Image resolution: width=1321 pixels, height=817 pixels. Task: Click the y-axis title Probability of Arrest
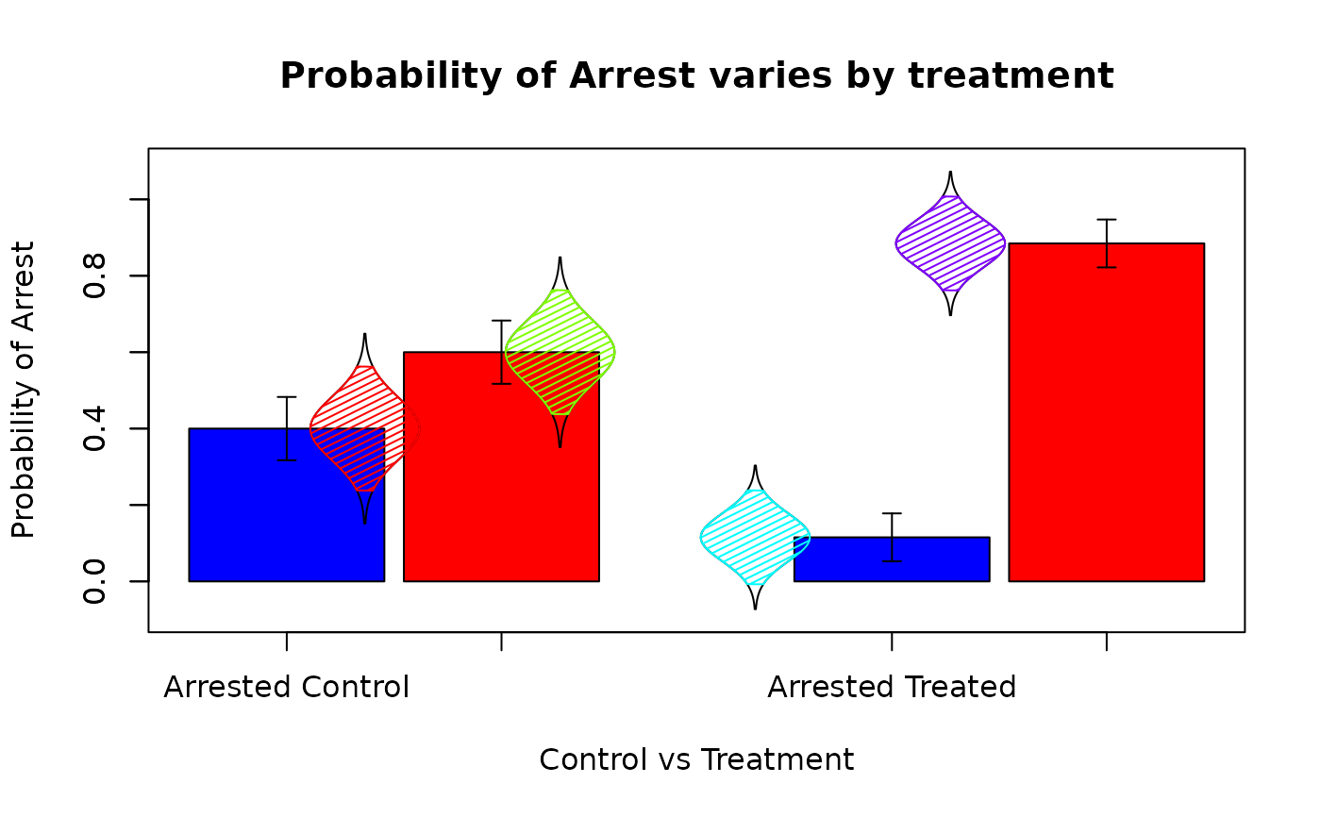(x=24, y=390)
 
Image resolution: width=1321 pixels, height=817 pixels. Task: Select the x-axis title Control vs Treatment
(x=696, y=759)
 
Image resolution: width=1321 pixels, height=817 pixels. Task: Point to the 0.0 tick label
(x=93, y=581)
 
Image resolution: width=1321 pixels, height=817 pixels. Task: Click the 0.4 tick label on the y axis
(x=93, y=428)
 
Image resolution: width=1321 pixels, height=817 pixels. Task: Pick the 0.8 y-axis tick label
(x=93, y=275)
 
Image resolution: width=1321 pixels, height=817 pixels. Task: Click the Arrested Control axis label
(x=287, y=687)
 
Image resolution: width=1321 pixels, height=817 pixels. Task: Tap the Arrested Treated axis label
(x=892, y=687)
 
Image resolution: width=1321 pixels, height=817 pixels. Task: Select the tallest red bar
(x=1106, y=425)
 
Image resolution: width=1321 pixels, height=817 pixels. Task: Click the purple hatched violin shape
(x=950, y=242)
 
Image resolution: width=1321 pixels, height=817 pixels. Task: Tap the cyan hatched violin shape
(x=755, y=537)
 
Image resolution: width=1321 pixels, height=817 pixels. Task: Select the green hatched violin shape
(x=560, y=352)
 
